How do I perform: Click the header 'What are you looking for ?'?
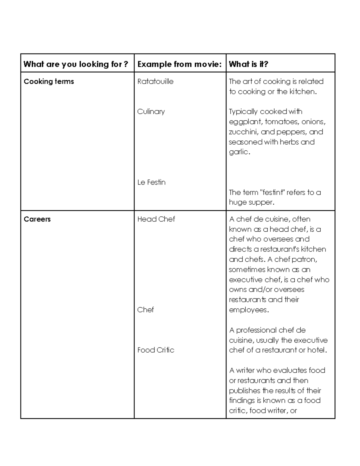coord(76,64)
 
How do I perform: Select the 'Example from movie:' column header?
coord(179,64)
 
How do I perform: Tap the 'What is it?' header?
coord(248,64)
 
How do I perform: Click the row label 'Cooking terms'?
coord(49,82)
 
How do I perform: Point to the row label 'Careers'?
coord(37,219)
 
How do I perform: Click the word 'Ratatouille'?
coord(155,82)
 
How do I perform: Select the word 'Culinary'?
coord(151,112)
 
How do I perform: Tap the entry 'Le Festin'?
coord(151,182)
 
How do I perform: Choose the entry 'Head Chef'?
coord(156,219)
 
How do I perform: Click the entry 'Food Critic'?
coord(156,350)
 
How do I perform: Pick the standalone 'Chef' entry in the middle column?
coord(145,310)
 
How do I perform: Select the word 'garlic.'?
coord(239,152)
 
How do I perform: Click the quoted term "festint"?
coord(272,192)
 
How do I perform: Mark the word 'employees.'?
coord(249,310)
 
